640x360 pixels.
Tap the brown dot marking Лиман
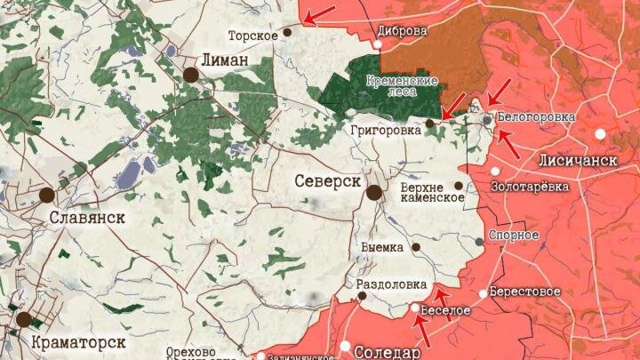[191, 75]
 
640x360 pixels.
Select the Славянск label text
[86, 217]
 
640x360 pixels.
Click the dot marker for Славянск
[47, 195]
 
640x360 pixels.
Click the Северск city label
[326, 181]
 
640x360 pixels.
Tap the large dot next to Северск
[374, 192]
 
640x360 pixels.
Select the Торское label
[249, 36]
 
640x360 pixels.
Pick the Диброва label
[402, 29]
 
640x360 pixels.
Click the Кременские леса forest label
[405, 86]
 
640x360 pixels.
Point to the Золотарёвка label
[530, 187]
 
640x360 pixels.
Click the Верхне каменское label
[432, 191]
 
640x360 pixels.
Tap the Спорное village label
[514, 235]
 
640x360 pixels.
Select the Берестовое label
[526, 292]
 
